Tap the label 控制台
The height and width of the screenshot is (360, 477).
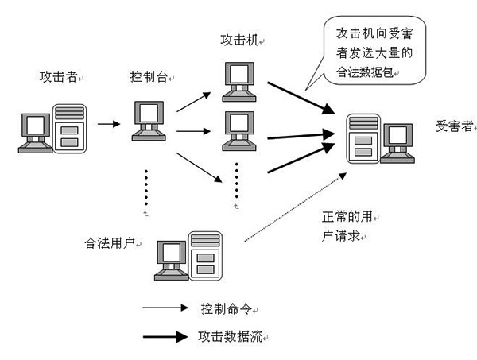coord(149,77)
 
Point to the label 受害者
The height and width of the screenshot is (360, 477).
coord(453,126)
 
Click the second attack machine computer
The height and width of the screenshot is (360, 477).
coord(239,127)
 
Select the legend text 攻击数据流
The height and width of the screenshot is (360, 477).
coord(229,336)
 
